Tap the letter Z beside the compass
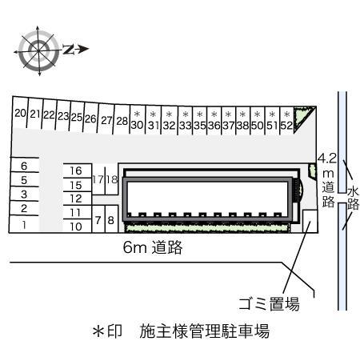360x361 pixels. [x=70, y=49]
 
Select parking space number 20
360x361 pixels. [x=20, y=114]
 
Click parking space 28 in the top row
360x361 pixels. [x=121, y=122]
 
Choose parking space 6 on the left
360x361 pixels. [x=24, y=166]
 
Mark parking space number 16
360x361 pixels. [x=76, y=170]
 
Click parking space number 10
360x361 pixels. [x=76, y=227]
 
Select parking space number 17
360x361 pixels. [x=98, y=179]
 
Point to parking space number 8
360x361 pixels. [x=111, y=219]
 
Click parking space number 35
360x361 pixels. [x=199, y=125]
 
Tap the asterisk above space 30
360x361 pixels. [x=137, y=114]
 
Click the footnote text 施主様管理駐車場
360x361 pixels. [x=202, y=330]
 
